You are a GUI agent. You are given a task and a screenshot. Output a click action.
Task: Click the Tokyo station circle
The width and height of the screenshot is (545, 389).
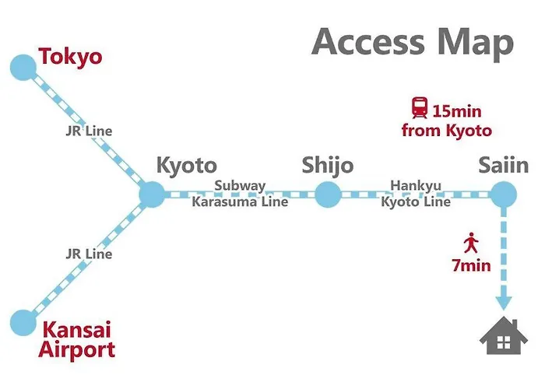(x=23, y=68)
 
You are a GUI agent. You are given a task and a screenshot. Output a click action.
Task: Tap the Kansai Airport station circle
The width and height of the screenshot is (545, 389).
(x=23, y=323)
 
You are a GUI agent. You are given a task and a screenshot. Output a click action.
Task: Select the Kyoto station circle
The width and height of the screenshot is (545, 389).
(x=152, y=194)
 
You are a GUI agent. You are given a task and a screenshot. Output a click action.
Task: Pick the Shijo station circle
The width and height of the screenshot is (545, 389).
(x=328, y=194)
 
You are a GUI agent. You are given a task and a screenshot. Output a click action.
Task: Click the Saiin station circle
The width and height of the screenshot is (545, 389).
(x=504, y=194)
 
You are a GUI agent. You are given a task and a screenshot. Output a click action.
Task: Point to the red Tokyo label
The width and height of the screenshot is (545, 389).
(x=71, y=57)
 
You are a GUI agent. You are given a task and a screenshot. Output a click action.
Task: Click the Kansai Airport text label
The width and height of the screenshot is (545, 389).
(x=77, y=339)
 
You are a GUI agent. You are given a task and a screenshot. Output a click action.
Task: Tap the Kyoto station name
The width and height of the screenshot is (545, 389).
(x=187, y=166)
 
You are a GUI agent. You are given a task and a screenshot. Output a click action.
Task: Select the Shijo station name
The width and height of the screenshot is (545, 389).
(x=328, y=165)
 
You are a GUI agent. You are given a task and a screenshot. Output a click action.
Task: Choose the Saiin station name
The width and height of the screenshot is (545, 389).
(x=504, y=165)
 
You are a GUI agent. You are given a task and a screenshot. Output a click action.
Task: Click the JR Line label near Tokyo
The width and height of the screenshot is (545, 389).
(x=89, y=131)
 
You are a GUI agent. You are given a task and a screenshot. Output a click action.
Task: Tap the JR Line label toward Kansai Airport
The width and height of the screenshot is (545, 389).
(x=89, y=254)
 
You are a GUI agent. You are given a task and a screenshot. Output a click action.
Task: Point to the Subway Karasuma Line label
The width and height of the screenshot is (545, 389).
(x=240, y=194)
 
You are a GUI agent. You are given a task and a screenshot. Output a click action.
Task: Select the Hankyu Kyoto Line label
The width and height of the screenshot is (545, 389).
(x=416, y=194)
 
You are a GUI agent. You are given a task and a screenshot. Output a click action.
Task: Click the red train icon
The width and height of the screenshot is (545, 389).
(x=420, y=108)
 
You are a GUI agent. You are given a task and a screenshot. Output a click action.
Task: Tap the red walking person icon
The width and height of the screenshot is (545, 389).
(x=471, y=243)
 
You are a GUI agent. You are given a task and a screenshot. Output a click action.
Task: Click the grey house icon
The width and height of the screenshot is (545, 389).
(x=504, y=336)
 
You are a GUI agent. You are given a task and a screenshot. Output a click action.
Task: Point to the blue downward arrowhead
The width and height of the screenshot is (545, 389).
(x=504, y=303)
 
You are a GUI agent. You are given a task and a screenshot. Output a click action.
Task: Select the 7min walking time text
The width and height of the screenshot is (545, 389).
(x=471, y=266)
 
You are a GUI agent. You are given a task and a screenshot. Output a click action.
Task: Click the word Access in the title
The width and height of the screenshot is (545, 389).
(x=368, y=42)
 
